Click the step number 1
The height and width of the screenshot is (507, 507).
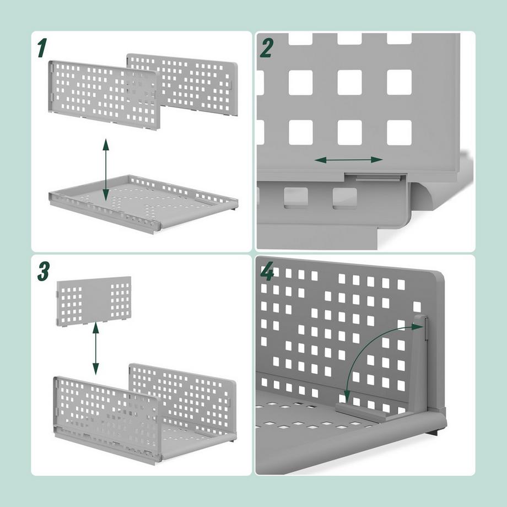coord(41,48)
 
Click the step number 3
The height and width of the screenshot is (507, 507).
coord(43,271)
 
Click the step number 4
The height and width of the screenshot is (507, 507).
coord(267,271)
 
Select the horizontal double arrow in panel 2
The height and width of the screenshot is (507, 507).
coord(348,160)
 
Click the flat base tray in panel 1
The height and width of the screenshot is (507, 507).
coord(143,204)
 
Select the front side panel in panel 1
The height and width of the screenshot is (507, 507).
coord(105,94)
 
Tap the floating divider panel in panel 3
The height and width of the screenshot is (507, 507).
coord(95,300)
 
